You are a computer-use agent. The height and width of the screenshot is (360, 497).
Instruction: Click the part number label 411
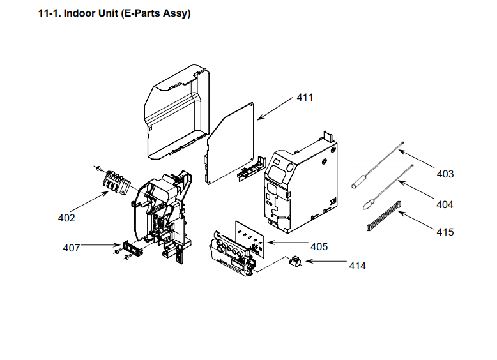click(305, 98)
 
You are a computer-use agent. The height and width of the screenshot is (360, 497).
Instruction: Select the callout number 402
click(66, 218)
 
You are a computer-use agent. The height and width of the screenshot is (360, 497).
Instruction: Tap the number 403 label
click(445, 174)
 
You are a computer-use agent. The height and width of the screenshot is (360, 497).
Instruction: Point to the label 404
click(445, 204)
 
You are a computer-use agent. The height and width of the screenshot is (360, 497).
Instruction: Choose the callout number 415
click(445, 232)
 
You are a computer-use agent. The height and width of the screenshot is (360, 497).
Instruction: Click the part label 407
click(71, 248)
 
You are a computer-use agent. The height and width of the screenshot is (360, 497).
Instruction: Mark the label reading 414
click(357, 265)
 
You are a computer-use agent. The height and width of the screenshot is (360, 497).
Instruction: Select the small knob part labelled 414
click(296, 262)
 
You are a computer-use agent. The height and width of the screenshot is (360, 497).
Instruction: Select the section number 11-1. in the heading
click(50, 13)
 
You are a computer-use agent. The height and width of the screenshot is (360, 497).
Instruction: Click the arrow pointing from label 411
click(275, 109)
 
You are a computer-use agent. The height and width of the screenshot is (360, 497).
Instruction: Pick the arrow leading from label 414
click(326, 262)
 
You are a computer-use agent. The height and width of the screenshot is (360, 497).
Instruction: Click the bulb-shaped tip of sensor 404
click(367, 205)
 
